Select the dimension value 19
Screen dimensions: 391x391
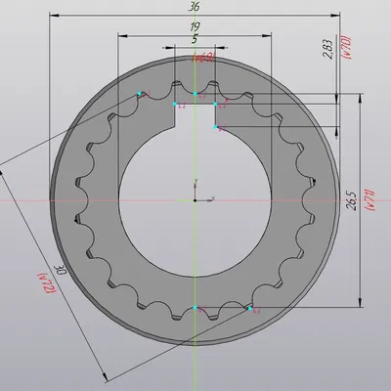pyautogui.click(x=195, y=26)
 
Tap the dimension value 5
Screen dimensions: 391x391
pyautogui.click(x=195, y=39)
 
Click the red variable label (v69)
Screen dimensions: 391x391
pyautogui.click(x=203, y=59)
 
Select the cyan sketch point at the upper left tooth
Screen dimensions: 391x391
pyautogui.click(x=140, y=94)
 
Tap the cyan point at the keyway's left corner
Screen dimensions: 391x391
pyautogui.click(x=175, y=102)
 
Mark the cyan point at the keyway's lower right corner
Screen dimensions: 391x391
pyautogui.click(x=216, y=126)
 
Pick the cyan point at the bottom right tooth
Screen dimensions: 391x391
pyautogui.click(x=250, y=308)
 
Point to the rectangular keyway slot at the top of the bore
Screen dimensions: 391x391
pyautogui.click(x=195, y=114)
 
